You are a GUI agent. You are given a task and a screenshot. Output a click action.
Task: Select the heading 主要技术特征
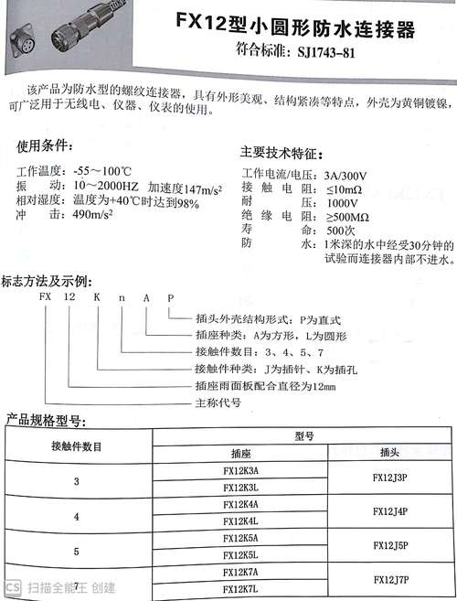click(281, 153)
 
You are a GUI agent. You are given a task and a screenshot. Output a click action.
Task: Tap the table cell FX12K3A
click(240, 470)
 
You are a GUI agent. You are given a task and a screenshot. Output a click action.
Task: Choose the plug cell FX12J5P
click(391, 546)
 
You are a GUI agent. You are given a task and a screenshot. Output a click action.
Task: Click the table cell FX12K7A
click(240, 570)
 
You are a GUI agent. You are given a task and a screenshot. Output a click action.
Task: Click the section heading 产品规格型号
click(45, 421)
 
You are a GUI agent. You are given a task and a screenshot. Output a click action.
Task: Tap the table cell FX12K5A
click(240, 538)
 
